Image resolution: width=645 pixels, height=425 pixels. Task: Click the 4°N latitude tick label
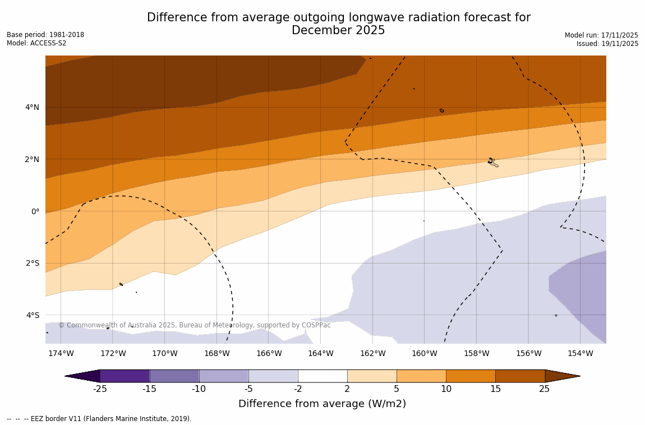[x=31, y=107]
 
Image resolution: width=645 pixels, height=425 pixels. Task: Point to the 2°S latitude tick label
[x=32, y=263]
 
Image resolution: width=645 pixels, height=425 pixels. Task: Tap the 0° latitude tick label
[x=35, y=211]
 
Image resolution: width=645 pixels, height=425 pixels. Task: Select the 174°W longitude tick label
[x=61, y=353]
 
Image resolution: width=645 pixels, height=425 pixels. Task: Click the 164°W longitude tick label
[x=320, y=353]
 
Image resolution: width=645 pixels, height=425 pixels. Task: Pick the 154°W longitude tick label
[x=580, y=353]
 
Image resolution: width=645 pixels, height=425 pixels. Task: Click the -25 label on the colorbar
[x=100, y=389]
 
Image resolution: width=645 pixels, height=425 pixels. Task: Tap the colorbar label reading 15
[x=495, y=389]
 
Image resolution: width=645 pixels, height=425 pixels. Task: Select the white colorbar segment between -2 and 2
[x=322, y=376]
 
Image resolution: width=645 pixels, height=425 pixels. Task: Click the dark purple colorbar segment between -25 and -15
[x=125, y=376]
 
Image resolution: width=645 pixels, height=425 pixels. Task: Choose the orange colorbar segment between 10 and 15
[x=471, y=376]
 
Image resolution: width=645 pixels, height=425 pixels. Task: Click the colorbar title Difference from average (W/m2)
[x=322, y=404]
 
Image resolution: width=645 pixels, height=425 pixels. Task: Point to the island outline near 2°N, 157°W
[x=492, y=162]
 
